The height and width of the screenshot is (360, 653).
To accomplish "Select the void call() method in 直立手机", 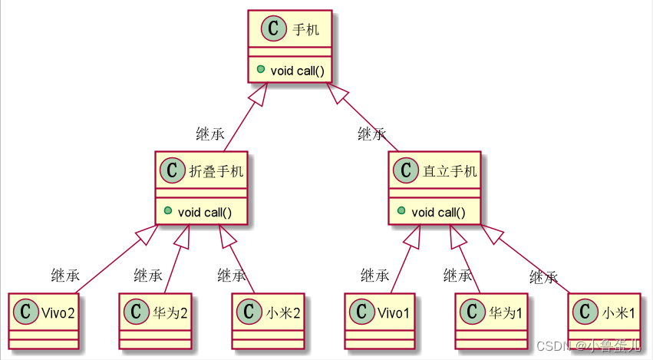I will click(x=439, y=212).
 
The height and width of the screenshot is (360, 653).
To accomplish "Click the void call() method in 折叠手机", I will click(x=205, y=212).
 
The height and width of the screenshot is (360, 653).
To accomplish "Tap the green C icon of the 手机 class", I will click(x=275, y=31).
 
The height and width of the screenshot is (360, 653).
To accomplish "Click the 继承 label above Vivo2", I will click(x=65, y=275).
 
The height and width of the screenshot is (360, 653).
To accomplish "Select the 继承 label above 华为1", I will click(x=458, y=275).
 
